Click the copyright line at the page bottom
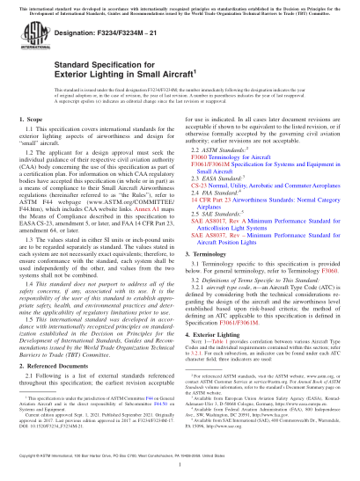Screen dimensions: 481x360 [x=180, y=470]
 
